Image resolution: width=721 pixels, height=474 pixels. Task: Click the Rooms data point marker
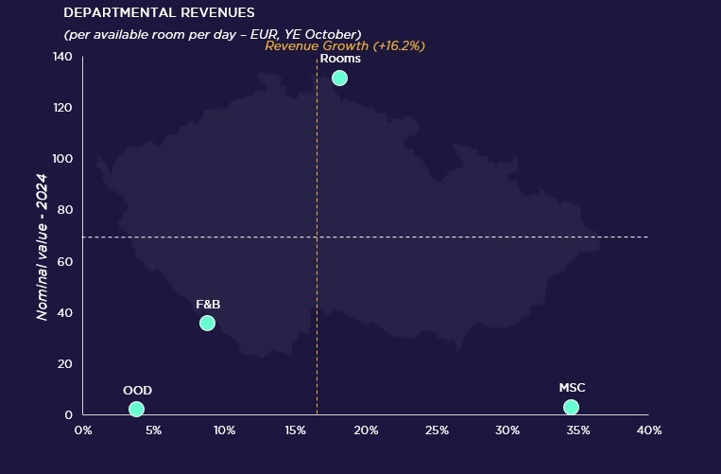tap(339, 78)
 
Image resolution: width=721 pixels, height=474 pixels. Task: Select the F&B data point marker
tap(207, 324)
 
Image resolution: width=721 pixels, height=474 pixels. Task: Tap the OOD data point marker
tap(136, 409)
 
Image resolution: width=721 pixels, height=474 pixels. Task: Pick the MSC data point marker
tap(571, 407)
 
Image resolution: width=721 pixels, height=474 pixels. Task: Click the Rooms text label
tap(340, 59)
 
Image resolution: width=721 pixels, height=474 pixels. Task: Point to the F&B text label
tap(208, 304)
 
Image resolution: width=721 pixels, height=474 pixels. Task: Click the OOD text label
tap(137, 390)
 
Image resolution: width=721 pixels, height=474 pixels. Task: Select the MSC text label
tap(572, 388)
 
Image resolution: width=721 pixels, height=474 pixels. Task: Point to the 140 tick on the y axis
tap(63, 57)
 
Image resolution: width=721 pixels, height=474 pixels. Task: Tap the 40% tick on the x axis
tap(649, 430)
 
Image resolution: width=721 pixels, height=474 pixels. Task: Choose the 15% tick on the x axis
tap(295, 430)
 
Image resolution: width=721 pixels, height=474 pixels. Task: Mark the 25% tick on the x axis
tap(437, 430)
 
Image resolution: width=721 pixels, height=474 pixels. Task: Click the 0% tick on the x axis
tap(83, 430)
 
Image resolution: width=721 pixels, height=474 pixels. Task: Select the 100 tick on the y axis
tap(63, 159)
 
